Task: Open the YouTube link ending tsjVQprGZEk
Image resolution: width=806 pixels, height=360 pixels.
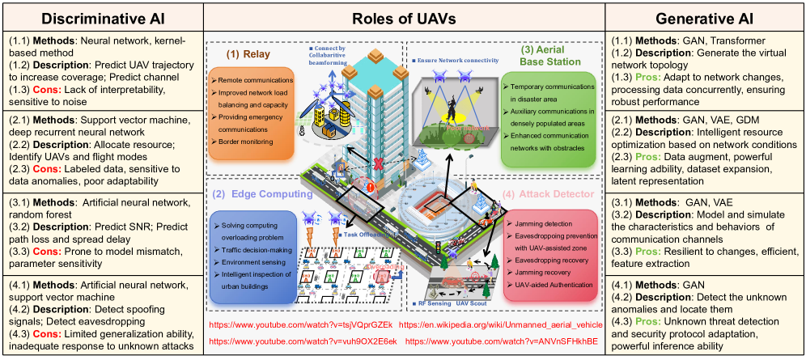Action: [301, 325]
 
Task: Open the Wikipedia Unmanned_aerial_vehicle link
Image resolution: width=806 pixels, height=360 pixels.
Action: [506, 325]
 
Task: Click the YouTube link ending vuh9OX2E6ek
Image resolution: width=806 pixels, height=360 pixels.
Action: [303, 342]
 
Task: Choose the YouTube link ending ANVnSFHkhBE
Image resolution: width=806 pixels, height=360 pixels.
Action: [503, 342]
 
